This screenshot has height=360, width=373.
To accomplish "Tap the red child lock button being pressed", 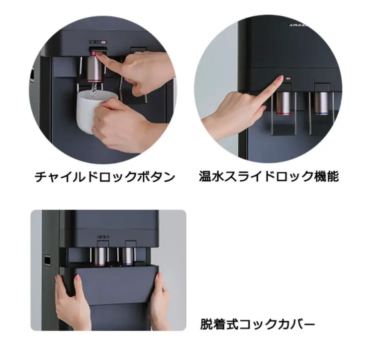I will (98, 53).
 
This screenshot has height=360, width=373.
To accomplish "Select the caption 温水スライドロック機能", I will (269, 177).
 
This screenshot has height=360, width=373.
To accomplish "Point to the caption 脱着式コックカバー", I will (258, 325).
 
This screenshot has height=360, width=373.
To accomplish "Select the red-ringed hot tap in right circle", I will (283, 102).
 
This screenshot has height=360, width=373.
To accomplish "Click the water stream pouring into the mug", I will (93, 90).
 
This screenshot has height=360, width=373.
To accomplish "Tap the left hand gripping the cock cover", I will (70, 301).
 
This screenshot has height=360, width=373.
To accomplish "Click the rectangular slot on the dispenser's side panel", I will (48, 260).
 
